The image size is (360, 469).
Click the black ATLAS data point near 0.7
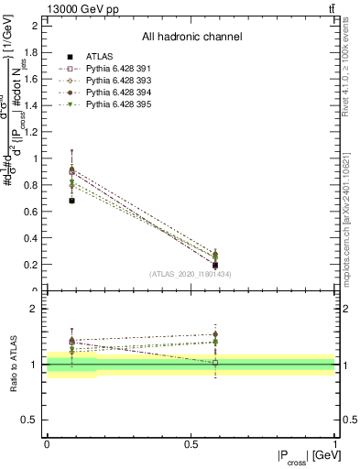point(72,200)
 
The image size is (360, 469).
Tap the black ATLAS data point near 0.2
point(215,266)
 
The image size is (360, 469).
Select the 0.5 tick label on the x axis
point(191,444)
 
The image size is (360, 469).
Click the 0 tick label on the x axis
point(47,444)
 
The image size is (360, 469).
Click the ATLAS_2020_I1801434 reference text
point(190,274)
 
